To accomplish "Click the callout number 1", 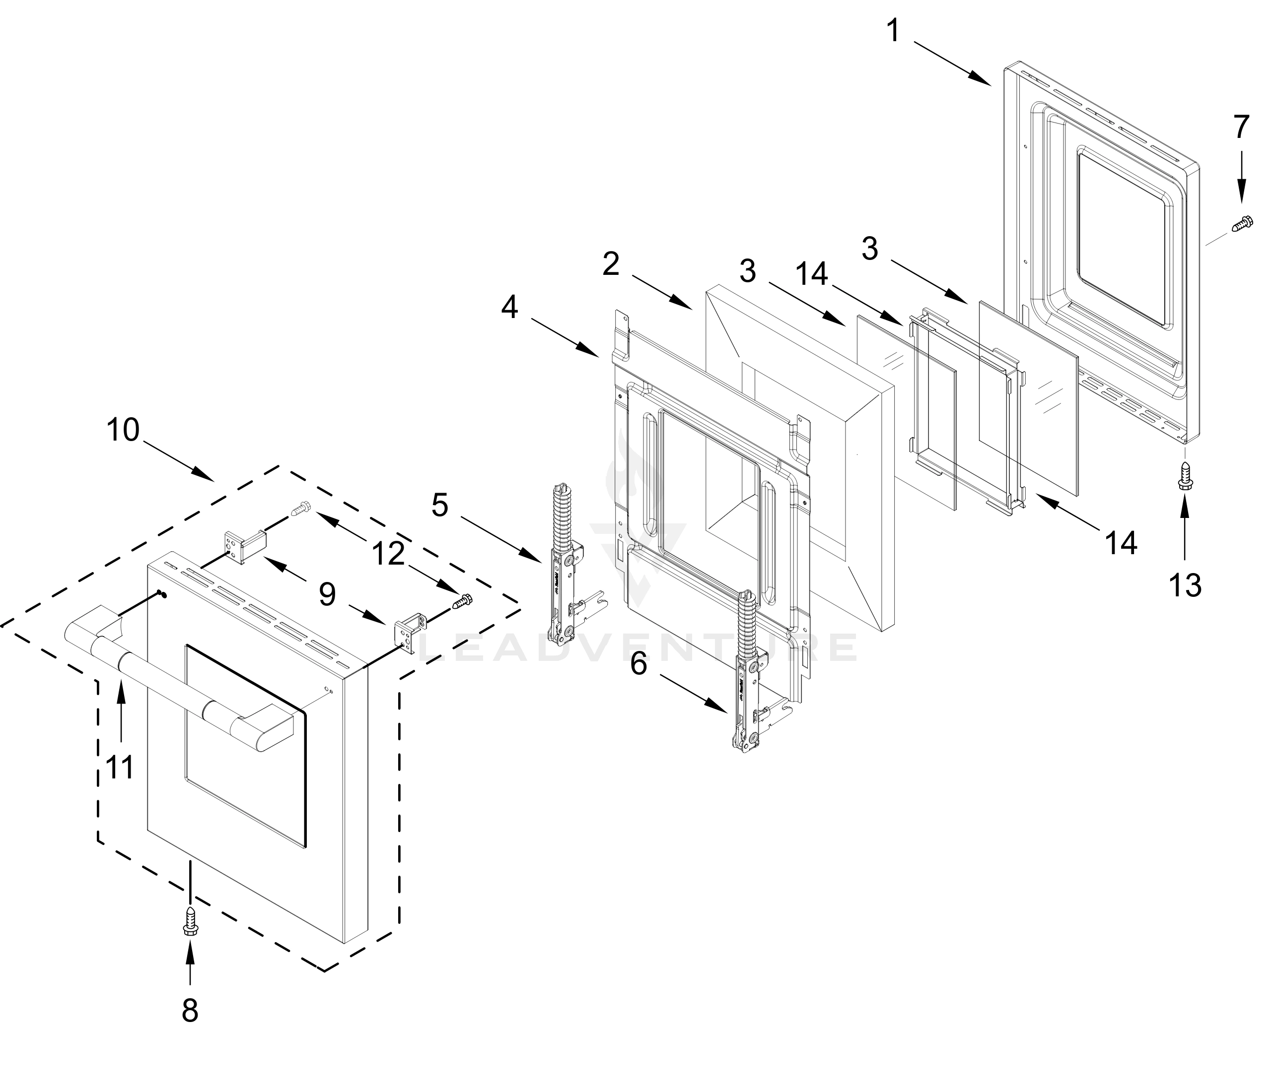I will [x=893, y=31].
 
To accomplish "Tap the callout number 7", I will [x=1241, y=128].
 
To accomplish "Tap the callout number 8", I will [x=190, y=1010].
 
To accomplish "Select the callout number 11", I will [x=120, y=768].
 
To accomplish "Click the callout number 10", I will [x=123, y=430].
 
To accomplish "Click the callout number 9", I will [x=327, y=594].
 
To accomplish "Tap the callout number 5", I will [x=440, y=505].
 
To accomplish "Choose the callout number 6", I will [x=638, y=664].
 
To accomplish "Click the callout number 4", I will [x=509, y=308].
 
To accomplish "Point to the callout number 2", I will [x=610, y=264].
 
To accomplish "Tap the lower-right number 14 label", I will [x=1121, y=543].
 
